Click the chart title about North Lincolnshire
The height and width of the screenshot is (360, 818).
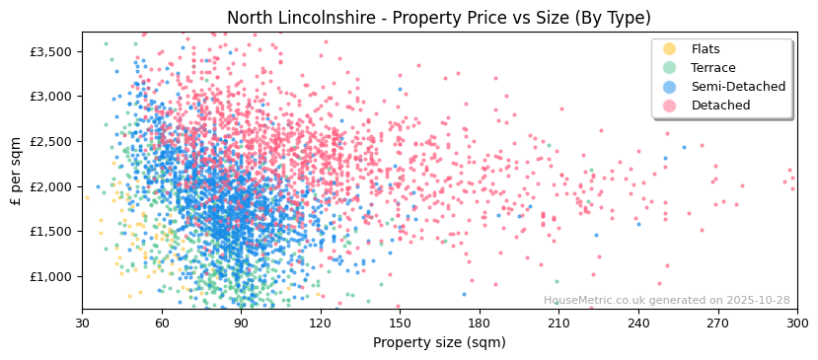pyautogui.click(x=439, y=18)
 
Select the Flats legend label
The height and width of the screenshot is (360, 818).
pyautogui.click(x=706, y=49)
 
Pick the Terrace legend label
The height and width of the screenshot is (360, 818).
pyautogui.click(x=713, y=68)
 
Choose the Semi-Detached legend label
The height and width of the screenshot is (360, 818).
pyautogui.click(x=738, y=87)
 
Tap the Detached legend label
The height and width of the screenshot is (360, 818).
pyautogui.click(x=720, y=106)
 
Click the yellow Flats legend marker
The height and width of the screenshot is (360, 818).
pyautogui.click(x=670, y=49)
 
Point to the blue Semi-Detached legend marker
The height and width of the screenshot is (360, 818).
pyautogui.click(x=670, y=87)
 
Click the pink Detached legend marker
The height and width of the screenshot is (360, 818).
pyautogui.click(x=670, y=106)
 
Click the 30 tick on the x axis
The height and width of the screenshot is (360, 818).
pyautogui.click(x=82, y=324)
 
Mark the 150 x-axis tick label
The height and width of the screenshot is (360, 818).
pyautogui.click(x=400, y=324)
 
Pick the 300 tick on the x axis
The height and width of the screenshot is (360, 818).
pyautogui.click(x=796, y=324)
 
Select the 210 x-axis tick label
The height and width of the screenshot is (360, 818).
pyautogui.click(x=558, y=324)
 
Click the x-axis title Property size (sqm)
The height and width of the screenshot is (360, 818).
pyautogui.click(x=439, y=343)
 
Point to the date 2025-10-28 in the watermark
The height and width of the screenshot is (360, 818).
pyautogui.click(x=756, y=301)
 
